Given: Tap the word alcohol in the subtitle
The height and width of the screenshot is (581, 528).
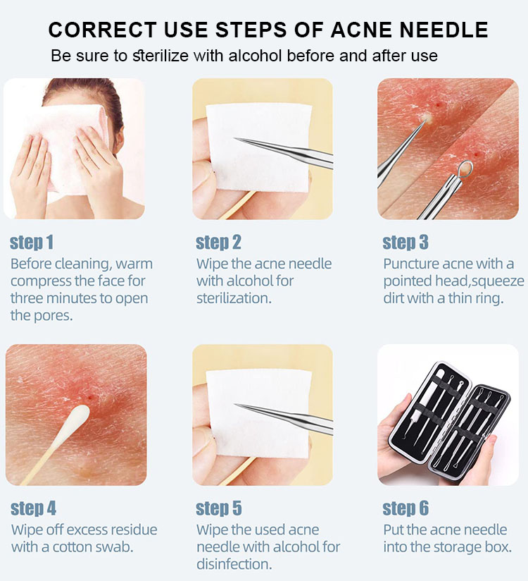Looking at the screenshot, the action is [256, 56].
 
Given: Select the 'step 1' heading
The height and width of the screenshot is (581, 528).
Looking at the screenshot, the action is [32, 243].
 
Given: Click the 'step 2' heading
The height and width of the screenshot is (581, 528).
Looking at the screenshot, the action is [218, 243].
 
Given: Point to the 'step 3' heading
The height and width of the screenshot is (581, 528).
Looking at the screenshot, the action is [406, 243].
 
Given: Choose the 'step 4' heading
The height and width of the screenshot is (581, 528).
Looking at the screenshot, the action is [33, 508].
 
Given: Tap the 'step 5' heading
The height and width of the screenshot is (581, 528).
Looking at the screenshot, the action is [219, 508].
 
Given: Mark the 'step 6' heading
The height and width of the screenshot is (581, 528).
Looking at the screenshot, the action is [406, 508].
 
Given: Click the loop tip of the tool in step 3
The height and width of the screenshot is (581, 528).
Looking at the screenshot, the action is [465, 169].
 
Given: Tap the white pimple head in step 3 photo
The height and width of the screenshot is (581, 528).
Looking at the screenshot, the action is [427, 118].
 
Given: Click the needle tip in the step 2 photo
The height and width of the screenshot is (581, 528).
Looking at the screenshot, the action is [234, 139].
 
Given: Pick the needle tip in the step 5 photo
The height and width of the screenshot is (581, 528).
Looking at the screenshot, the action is [235, 405].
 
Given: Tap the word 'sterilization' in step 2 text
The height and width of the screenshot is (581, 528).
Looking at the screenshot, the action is [234, 298].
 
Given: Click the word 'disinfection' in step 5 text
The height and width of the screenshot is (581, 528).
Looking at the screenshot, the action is [234, 564].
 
